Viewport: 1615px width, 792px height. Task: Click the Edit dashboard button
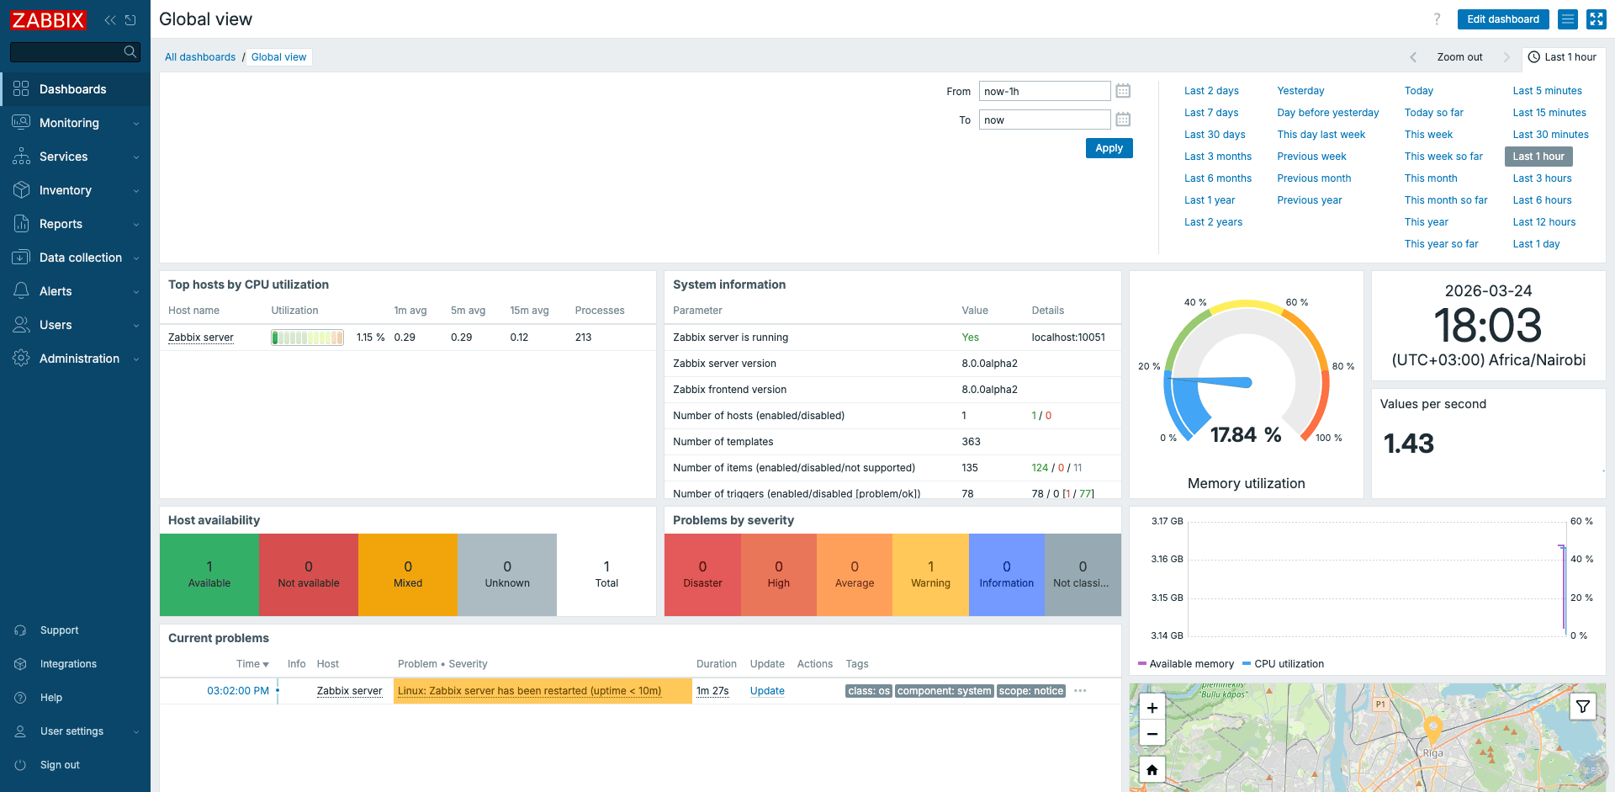pos(1502,19)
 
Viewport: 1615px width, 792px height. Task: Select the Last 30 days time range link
pos(1214,135)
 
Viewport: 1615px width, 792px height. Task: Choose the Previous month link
pos(1313,178)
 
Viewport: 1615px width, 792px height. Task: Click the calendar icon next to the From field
pos(1123,91)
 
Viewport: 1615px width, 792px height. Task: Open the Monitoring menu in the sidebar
pos(69,123)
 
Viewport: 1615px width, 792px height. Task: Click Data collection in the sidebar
pos(80,258)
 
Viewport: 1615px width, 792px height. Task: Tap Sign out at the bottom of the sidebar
pos(60,765)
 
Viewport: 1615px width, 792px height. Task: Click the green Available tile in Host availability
pos(209,574)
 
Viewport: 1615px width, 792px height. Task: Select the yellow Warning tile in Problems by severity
pos(929,574)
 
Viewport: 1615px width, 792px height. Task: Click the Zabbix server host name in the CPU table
pos(201,338)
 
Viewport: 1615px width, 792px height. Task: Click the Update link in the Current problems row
pos(766,691)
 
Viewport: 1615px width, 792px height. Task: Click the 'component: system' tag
pos(944,691)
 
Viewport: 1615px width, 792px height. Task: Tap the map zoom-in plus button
pos(1152,708)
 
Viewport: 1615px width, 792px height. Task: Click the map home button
pos(1152,769)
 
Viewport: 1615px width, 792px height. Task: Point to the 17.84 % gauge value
pos(1245,435)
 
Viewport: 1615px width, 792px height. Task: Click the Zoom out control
pos(1459,57)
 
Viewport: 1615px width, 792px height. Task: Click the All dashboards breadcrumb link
pos(200,57)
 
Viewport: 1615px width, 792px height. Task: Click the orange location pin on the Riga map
pos(1432,728)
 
